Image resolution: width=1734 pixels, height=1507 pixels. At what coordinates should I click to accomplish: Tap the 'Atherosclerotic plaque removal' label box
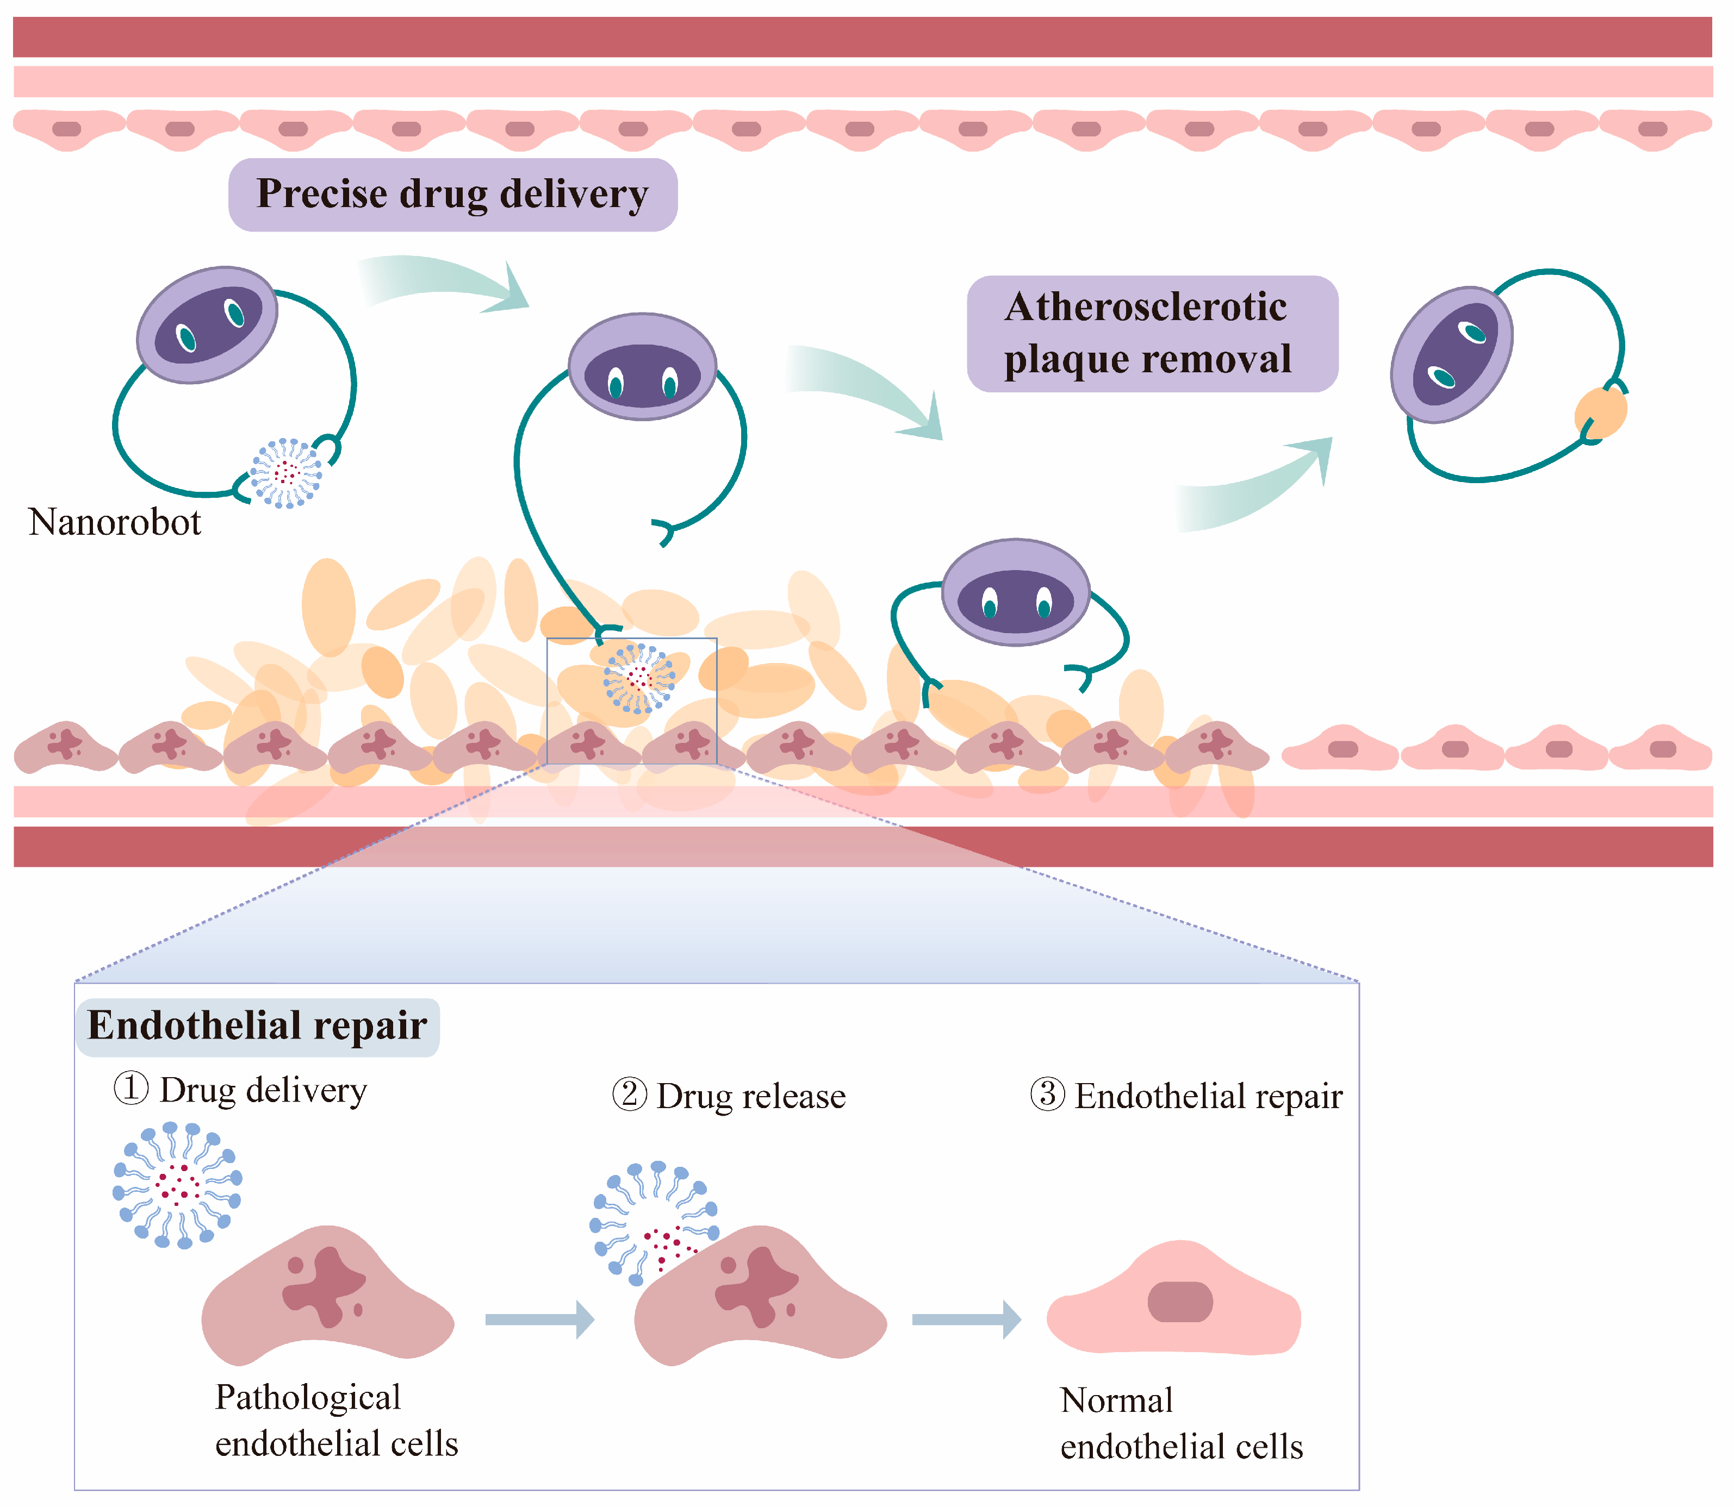point(1152,334)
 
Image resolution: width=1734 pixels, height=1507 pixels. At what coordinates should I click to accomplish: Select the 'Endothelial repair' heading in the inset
point(257,1026)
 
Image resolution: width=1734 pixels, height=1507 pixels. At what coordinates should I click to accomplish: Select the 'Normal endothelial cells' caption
point(1180,1424)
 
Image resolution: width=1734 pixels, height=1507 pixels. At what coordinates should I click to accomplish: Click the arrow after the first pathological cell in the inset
point(539,1320)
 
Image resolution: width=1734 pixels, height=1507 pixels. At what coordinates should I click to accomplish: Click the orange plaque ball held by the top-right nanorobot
point(1600,412)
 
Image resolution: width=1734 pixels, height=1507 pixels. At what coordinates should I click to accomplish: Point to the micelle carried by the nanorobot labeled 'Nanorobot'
point(286,473)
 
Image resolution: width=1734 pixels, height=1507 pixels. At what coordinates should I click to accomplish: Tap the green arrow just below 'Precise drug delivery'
point(446,283)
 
